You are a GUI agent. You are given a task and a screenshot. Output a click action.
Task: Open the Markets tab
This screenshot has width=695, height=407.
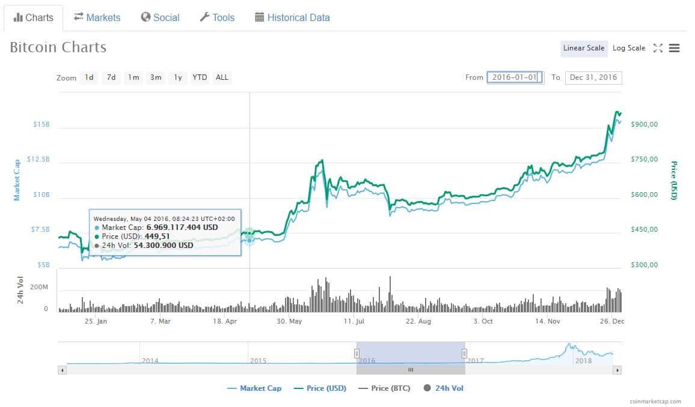pyautogui.click(x=97, y=17)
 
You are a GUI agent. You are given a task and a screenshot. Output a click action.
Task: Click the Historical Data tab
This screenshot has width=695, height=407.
pyautogui.click(x=292, y=17)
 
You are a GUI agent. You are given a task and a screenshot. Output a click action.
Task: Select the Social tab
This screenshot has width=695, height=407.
pyautogui.click(x=160, y=17)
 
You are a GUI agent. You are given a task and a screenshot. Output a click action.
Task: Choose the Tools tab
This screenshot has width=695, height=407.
pyautogui.click(x=217, y=17)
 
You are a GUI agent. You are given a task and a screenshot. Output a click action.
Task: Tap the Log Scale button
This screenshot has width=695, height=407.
pyautogui.click(x=628, y=48)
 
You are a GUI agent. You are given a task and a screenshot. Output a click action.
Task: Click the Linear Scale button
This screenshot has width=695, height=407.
pyautogui.click(x=583, y=48)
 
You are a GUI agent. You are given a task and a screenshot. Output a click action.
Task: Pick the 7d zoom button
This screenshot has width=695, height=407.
pyautogui.click(x=111, y=77)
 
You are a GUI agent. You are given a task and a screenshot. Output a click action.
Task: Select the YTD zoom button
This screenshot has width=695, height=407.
pyautogui.click(x=200, y=77)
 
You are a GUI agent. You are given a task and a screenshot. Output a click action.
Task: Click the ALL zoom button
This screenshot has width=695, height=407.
pyautogui.click(x=222, y=77)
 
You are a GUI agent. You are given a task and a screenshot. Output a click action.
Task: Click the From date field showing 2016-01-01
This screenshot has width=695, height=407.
pyautogui.click(x=515, y=77)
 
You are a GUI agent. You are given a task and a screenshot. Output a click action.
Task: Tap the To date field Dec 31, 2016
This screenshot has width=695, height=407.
pyautogui.click(x=593, y=77)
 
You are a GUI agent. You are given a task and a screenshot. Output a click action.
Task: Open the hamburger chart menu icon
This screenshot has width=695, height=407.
pyautogui.click(x=674, y=48)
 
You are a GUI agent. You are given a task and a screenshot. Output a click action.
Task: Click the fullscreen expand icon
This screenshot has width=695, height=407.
pyautogui.click(x=658, y=48)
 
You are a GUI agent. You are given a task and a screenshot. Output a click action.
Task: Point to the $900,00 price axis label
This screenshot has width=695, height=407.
pyautogui.click(x=644, y=124)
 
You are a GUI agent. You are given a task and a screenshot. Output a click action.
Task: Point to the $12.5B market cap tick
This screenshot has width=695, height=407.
pyautogui.click(x=38, y=160)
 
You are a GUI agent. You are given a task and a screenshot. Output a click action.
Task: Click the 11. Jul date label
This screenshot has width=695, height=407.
pyautogui.click(x=354, y=321)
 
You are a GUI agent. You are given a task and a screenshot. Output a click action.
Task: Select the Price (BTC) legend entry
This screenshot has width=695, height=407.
pyautogui.click(x=384, y=388)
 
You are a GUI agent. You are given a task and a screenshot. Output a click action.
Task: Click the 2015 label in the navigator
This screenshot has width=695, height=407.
pyautogui.click(x=258, y=361)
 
